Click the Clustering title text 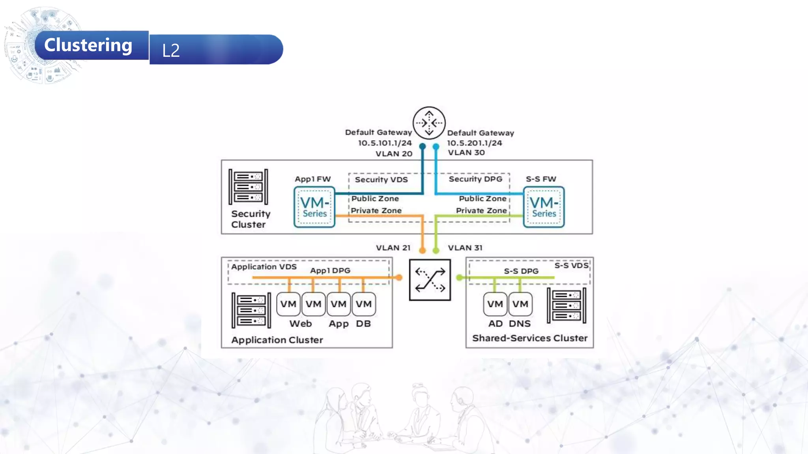tap(88, 45)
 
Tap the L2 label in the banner tap(171, 50)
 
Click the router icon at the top tap(429, 123)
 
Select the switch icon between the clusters tap(430, 280)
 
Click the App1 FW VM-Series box tap(314, 207)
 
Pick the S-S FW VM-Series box tap(544, 207)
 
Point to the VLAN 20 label tap(393, 154)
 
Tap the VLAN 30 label tap(466, 153)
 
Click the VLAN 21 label tap(393, 248)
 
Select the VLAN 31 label tap(465, 248)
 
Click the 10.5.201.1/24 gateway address tap(474, 143)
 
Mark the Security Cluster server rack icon tap(248, 187)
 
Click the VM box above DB tap(363, 304)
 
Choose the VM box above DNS tap(520, 304)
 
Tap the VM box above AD tap(495, 304)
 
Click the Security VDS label tap(381, 180)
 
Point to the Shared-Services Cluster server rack tap(566, 305)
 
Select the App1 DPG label tap(330, 271)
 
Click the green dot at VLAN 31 tap(436, 251)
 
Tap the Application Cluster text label tap(277, 340)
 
